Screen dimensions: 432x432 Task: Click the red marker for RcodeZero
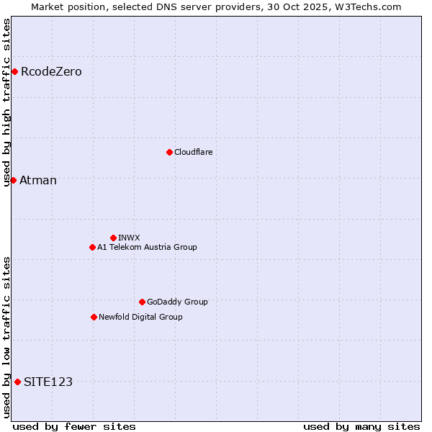14,71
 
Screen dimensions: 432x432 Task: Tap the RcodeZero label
51,72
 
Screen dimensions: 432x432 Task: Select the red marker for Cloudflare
169,152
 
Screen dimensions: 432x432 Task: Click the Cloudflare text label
193,153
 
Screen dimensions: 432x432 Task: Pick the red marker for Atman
13,180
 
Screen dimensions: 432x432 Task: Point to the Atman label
38,181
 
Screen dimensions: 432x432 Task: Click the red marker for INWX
113,238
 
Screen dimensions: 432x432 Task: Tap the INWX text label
129,238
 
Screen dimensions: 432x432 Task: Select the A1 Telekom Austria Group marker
92,247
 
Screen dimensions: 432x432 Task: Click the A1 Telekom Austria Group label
147,248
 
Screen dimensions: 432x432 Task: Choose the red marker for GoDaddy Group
142,302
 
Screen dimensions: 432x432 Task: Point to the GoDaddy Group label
177,302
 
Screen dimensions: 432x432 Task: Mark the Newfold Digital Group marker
94,317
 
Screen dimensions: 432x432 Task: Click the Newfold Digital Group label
140,318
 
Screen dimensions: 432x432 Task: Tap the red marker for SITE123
17,382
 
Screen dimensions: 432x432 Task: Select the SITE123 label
48,382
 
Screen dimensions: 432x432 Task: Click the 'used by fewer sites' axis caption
74,426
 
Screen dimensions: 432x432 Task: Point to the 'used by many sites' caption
361,426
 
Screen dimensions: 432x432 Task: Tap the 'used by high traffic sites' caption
7,102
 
